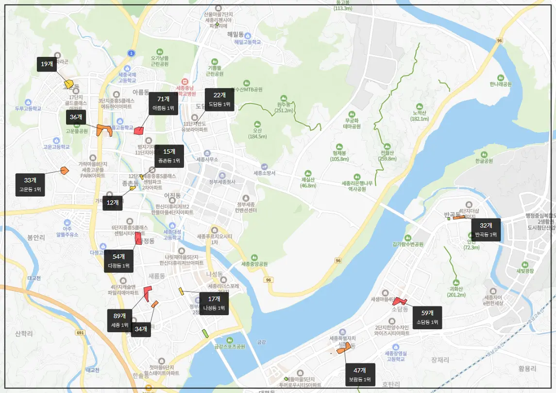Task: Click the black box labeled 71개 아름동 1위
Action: pos(163,103)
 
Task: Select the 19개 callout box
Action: pos(47,64)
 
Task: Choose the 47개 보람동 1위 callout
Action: pos(360,375)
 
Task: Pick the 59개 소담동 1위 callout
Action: pos(427,317)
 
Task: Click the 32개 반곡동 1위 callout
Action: pos(486,230)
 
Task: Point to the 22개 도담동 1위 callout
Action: pos(219,100)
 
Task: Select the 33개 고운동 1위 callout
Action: pos(30,185)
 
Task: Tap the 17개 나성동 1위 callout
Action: pos(214,303)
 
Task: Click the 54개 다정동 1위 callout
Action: pos(119,261)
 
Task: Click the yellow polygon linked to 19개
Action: pos(69,84)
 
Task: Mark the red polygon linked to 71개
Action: pos(139,130)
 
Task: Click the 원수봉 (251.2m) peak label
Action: pos(284,107)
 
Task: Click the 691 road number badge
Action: pos(80,333)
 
